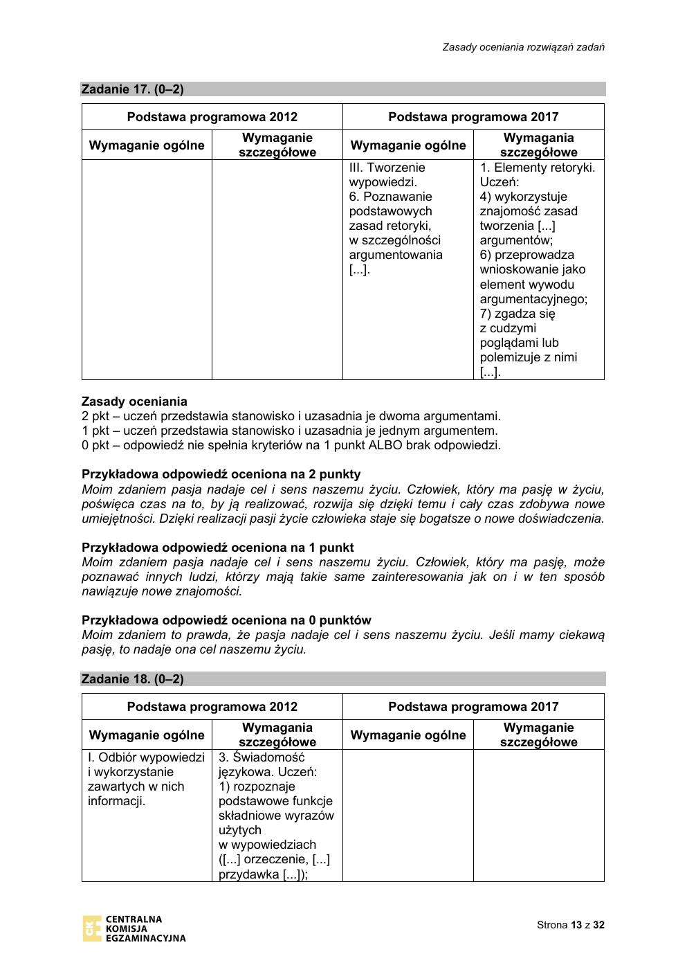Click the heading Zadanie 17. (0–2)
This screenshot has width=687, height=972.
(133, 89)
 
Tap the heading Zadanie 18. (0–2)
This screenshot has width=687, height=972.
(133, 679)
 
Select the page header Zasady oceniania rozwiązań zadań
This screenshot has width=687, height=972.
(524, 47)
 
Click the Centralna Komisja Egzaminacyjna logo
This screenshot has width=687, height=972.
(134, 928)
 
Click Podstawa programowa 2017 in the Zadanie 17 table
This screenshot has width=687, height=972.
(473, 117)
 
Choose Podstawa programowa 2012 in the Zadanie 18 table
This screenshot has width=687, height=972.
(212, 707)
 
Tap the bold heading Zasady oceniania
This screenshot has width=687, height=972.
(134, 402)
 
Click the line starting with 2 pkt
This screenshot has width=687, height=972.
(291, 416)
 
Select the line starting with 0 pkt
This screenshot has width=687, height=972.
(291, 445)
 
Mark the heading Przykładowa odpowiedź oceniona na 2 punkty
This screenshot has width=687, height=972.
(221, 474)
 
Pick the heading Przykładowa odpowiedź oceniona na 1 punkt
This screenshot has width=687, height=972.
(217, 548)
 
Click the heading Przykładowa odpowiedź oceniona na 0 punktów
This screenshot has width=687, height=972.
(226, 620)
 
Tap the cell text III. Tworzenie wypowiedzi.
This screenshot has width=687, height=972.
(387, 174)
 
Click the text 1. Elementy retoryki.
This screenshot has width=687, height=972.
(538, 168)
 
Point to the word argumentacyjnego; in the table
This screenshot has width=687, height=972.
(533, 299)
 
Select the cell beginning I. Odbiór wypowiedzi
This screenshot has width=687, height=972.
(146, 779)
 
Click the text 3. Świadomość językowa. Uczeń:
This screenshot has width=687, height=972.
(268, 764)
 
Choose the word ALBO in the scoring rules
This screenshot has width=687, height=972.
(386, 445)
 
